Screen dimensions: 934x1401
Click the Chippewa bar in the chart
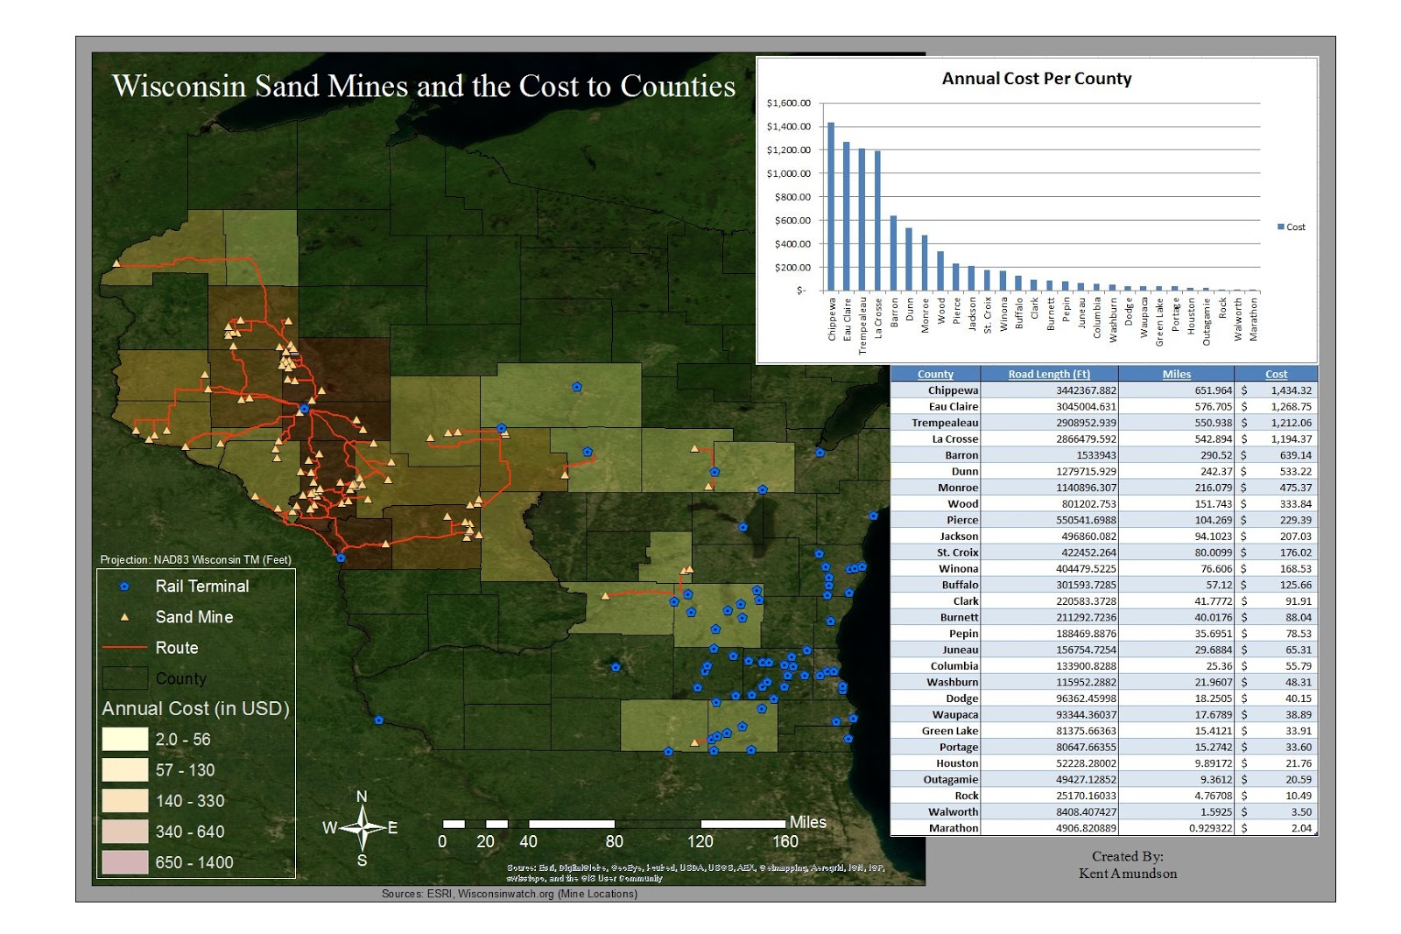point(831,207)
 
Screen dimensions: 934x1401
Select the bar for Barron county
point(893,253)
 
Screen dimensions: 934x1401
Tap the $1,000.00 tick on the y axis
point(788,173)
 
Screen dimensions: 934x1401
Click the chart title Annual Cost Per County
point(1036,79)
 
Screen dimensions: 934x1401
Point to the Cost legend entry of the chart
point(1291,227)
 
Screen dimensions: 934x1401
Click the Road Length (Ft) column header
point(1048,374)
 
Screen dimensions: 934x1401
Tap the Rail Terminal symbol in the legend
point(124,586)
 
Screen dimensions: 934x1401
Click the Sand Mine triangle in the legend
point(124,617)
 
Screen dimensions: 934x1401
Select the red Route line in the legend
point(124,648)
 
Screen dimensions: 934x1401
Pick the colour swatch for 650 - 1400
point(124,862)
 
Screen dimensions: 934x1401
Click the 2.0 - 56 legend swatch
point(124,740)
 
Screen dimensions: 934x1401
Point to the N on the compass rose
point(362,797)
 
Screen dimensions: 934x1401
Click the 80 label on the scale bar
point(614,841)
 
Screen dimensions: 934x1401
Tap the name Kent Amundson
point(1127,874)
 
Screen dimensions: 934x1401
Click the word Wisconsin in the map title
point(179,87)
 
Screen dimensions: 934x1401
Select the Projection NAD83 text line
point(195,559)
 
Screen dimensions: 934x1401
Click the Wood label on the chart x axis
point(941,311)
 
